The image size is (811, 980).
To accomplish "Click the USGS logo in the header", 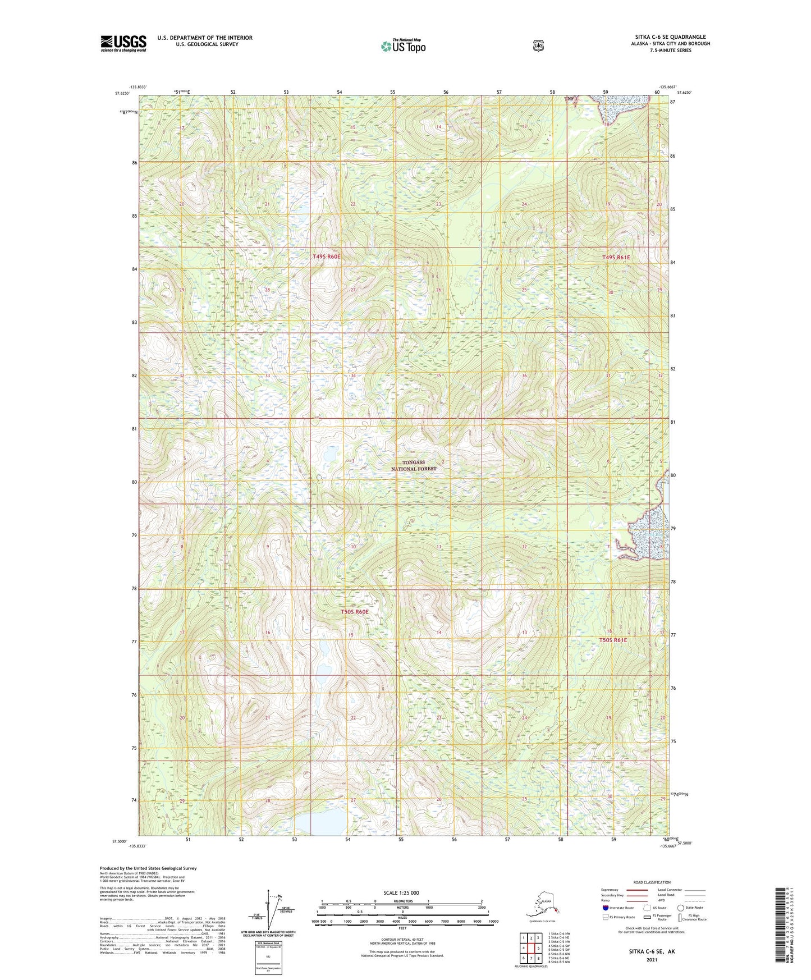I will click(123, 43).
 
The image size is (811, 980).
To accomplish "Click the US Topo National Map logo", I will click(403, 45).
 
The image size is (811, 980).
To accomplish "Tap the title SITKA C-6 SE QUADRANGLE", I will click(670, 37).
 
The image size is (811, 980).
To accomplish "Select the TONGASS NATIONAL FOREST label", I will click(414, 465).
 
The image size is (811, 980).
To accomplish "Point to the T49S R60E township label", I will click(326, 257).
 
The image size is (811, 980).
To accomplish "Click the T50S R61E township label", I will click(613, 640).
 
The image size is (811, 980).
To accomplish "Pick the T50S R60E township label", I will click(355, 611).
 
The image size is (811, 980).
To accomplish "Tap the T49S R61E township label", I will click(616, 257).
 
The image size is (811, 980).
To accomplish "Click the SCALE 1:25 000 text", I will click(401, 892).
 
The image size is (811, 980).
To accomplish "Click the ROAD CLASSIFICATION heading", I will click(652, 882).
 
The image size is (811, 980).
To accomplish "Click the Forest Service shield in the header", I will click(538, 45).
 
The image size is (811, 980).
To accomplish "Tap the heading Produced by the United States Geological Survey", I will click(148, 868).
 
